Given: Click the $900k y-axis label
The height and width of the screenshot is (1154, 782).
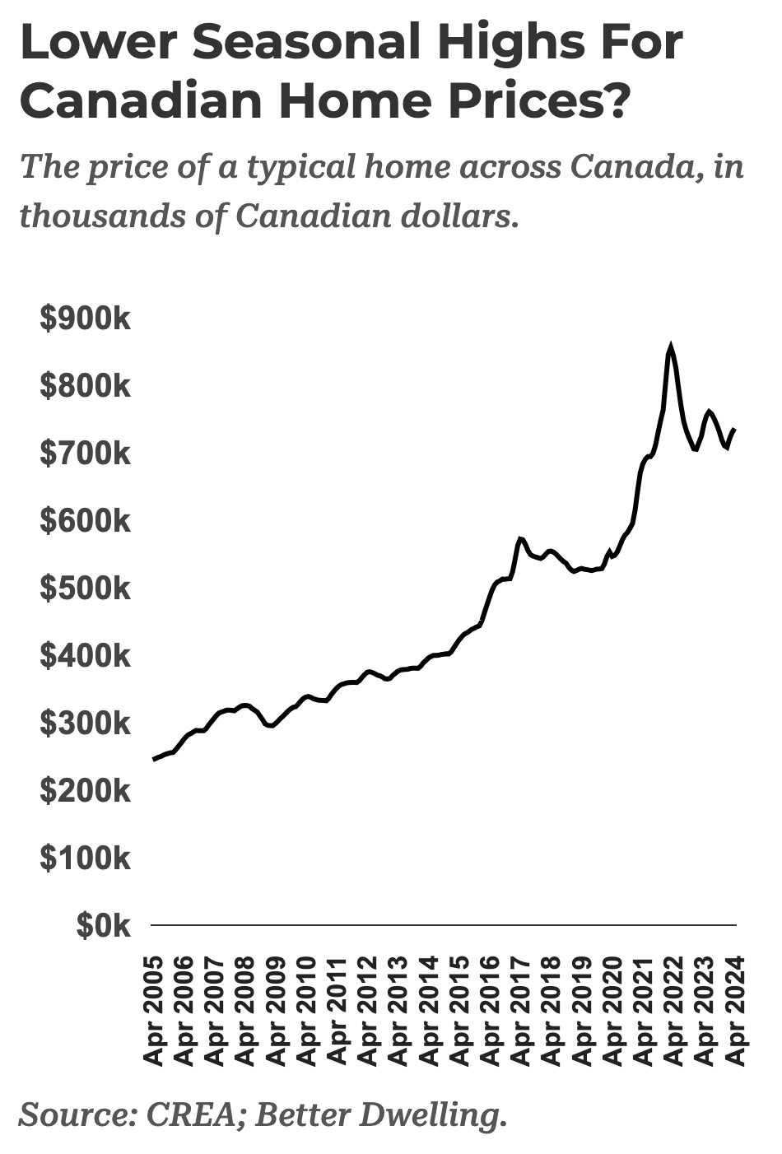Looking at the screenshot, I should pos(85,319).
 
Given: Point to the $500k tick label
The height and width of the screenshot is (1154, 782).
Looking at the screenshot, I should pos(85,589).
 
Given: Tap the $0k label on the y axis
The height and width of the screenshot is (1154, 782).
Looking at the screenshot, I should pos(103,927).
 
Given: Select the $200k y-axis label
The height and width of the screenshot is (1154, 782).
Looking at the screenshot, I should pos(85,792).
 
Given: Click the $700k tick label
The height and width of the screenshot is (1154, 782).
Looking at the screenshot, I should pos(85,454).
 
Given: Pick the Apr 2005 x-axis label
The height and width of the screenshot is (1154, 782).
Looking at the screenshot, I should pos(153,1011).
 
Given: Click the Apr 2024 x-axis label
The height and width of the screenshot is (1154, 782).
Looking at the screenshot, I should pos(735,1011).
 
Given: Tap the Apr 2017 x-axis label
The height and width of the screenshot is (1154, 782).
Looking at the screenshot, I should pos(521,1011).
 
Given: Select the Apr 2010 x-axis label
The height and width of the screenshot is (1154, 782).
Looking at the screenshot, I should pos(306,1011).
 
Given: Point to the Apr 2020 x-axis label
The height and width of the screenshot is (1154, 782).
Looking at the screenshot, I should pos(612,1011).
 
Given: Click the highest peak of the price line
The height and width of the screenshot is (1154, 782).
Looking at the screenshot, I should pos(671,347).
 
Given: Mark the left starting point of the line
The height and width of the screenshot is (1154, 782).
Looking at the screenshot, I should pos(154,759).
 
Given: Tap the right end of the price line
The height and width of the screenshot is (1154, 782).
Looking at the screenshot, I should pos(734,429).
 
